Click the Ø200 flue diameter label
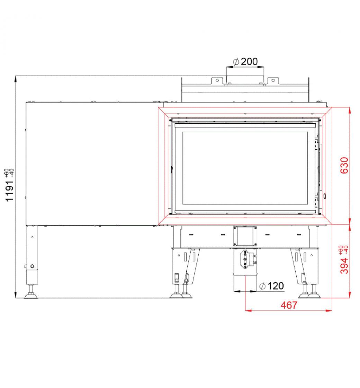(x=245, y=62)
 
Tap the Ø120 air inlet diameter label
(x=271, y=286)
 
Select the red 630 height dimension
(x=344, y=165)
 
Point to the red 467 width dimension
(x=289, y=305)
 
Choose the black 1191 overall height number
(x=10, y=191)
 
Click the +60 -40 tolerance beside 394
(x=344, y=250)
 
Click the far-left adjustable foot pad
(x=31, y=296)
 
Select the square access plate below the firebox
(x=245, y=236)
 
